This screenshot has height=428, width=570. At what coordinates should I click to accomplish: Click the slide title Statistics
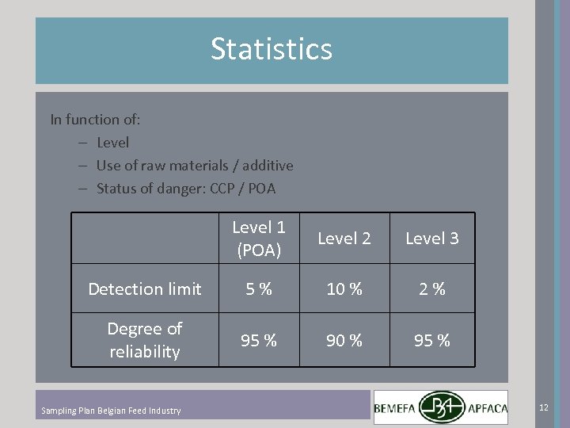(x=272, y=49)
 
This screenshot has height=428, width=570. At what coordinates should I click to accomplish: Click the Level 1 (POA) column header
(x=259, y=238)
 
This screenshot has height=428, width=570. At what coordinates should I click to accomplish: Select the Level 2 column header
(x=344, y=238)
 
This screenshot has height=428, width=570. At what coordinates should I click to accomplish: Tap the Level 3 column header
(x=431, y=238)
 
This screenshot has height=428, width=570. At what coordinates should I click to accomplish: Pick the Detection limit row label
(x=145, y=289)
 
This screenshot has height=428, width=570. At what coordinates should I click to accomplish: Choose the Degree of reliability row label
(x=145, y=339)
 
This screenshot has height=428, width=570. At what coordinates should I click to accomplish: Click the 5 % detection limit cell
(x=259, y=289)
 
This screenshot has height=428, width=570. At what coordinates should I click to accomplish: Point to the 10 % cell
(x=344, y=289)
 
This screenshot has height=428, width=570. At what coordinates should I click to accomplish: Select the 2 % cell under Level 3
(x=431, y=289)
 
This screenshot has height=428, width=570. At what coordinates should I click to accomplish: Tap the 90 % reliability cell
(x=344, y=340)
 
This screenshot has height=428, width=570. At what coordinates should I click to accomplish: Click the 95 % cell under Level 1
(x=259, y=340)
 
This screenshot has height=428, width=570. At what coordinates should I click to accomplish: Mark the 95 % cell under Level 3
(x=431, y=340)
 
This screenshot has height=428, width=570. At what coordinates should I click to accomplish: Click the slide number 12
(x=543, y=407)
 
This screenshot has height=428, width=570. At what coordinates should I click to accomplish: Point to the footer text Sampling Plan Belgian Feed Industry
(x=111, y=411)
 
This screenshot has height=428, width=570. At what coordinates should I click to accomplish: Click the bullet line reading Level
(x=112, y=143)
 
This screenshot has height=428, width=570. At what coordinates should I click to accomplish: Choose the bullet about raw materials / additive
(x=194, y=166)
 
